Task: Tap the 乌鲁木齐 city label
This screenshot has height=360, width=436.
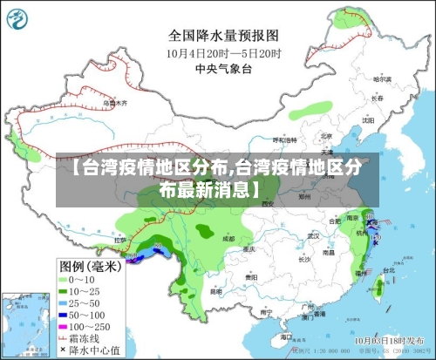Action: tap(114, 102)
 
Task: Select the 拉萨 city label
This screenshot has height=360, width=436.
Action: tap(120, 237)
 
